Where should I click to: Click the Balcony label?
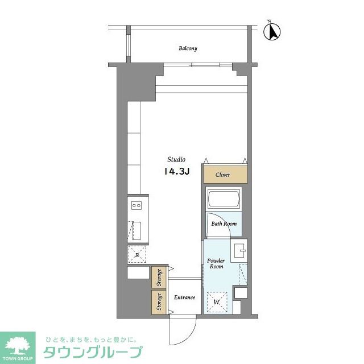[x=188, y=48]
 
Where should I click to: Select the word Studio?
[x=176, y=159]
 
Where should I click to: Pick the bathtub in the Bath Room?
[x=224, y=200]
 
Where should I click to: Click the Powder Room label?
[x=217, y=263]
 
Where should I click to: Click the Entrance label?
[x=184, y=297]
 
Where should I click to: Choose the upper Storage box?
[x=159, y=277]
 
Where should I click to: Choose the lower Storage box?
[x=159, y=301]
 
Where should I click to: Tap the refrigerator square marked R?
[x=138, y=254]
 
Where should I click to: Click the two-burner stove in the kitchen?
[x=138, y=205]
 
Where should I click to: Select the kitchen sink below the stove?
[x=138, y=230]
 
